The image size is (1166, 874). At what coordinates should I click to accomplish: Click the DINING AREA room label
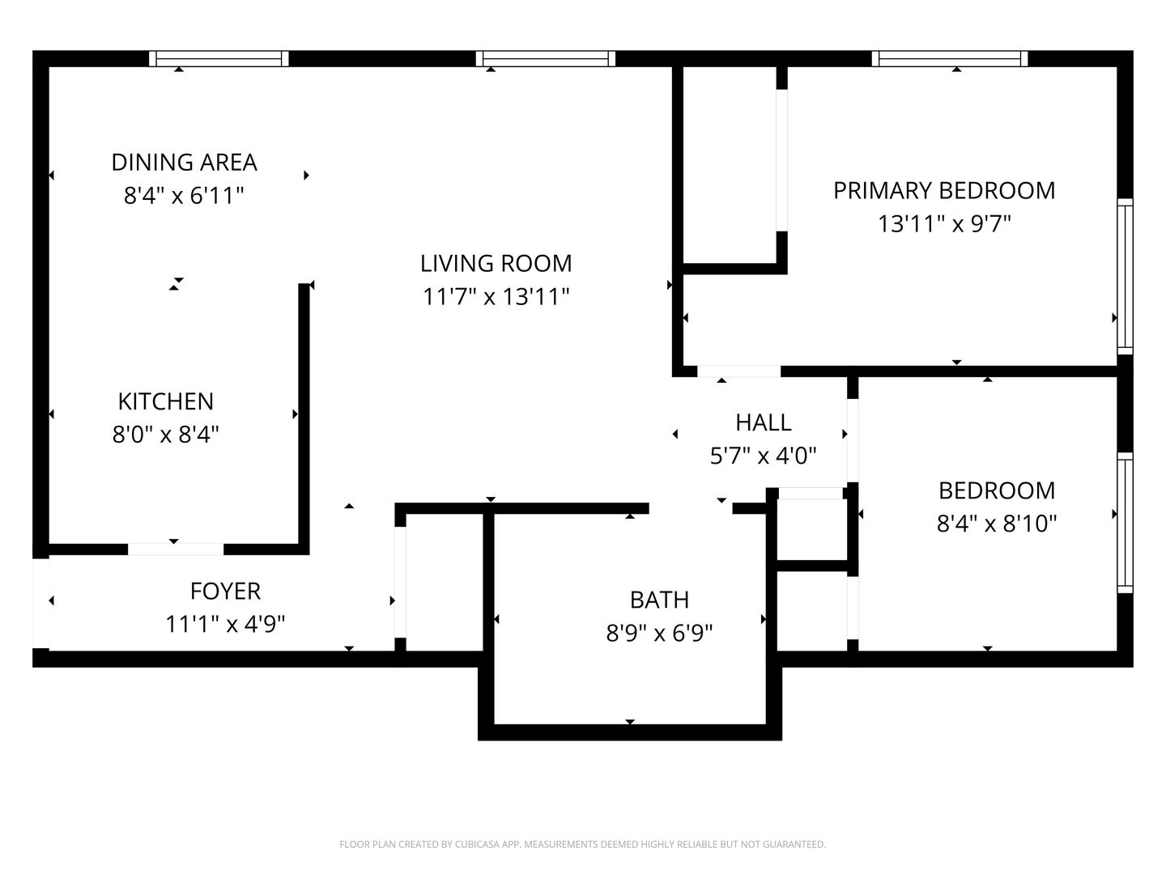point(184,162)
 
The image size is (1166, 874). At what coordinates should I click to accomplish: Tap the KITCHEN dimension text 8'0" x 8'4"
point(166,435)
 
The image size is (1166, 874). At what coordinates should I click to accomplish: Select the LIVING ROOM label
point(496,264)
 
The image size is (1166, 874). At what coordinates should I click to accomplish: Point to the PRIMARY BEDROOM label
point(944,190)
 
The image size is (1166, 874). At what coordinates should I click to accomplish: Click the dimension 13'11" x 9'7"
point(944,224)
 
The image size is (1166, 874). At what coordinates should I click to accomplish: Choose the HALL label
point(763,422)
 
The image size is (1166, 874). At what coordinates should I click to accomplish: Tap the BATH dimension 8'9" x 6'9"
point(659,633)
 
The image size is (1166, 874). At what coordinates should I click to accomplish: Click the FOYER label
point(225,592)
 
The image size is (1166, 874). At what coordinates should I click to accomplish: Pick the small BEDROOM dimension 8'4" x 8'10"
point(997,524)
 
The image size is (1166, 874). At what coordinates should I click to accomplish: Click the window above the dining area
point(219,58)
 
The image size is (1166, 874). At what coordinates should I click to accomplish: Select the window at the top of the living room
point(546,58)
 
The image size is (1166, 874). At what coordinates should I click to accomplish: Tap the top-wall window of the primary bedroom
point(950,58)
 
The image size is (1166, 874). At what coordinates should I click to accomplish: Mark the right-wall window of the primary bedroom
point(1125,275)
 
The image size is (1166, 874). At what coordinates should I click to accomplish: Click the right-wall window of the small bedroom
point(1125,522)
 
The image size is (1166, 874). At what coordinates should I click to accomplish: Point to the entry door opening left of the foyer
point(40,603)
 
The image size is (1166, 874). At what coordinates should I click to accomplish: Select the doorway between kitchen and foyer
point(175,549)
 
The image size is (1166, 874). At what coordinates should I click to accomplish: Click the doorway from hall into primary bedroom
point(738,371)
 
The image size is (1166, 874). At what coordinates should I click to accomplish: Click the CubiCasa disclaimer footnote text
point(582,845)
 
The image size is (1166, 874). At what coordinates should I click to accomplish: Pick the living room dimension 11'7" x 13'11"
point(496,298)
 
